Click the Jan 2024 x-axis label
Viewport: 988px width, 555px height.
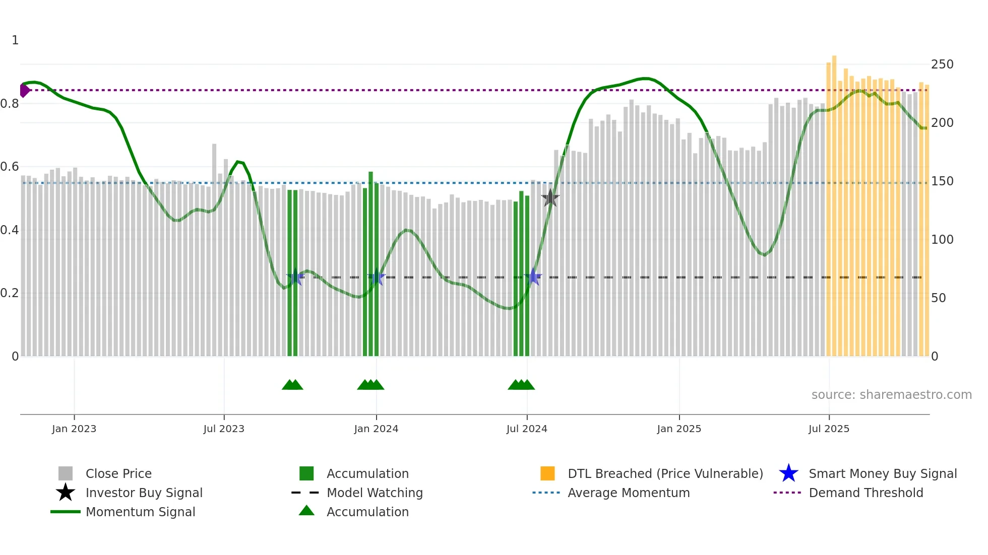point(376,429)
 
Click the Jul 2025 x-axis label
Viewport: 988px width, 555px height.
point(829,429)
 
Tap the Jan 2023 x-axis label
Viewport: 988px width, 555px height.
point(74,429)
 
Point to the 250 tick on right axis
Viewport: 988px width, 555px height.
point(942,64)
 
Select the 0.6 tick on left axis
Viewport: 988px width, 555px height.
point(9,167)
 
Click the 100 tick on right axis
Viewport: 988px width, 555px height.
point(942,240)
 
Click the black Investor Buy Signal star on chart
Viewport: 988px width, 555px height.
point(550,198)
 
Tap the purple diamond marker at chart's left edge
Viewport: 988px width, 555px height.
point(24,90)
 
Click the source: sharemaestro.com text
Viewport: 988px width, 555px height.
point(891,395)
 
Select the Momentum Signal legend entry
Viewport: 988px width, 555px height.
point(140,512)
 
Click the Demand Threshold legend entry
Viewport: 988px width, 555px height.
point(866,493)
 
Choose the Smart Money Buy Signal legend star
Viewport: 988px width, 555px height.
point(788,473)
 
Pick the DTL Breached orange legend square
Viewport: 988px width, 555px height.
point(547,473)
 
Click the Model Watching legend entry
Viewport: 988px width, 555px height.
point(374,493)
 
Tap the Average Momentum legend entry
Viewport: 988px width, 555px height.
point(628,493)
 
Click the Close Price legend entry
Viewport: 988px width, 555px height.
point(118,473)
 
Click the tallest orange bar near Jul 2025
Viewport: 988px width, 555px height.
point(834,201)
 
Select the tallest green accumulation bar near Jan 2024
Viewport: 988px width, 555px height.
point(371,262)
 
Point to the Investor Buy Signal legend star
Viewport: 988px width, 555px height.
point(66,493)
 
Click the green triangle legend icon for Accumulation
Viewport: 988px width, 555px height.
point(306,511)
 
